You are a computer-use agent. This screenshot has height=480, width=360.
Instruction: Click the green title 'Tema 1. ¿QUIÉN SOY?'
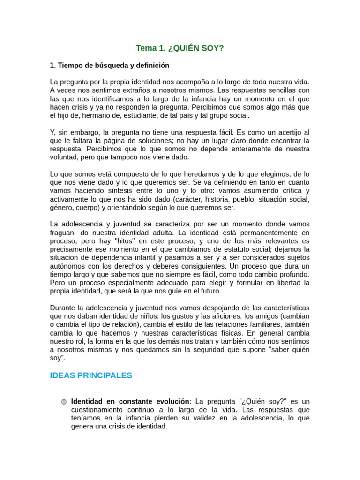pos(180,48)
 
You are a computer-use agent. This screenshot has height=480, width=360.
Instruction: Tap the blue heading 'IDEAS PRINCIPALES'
pos(91,375)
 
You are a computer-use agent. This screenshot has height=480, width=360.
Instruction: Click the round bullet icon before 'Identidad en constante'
pos(64,402)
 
